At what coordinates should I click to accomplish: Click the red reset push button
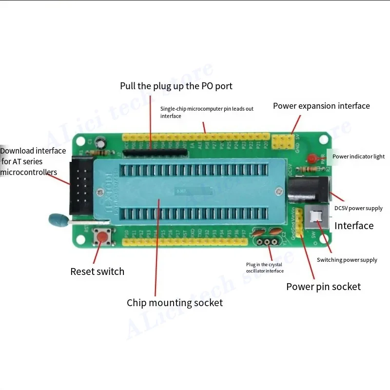102,237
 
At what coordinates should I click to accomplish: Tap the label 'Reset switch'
97,272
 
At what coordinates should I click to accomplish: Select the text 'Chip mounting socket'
175,303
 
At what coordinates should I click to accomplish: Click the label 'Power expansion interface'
321,106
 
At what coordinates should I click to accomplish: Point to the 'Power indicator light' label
358,156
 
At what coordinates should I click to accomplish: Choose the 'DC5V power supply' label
358,208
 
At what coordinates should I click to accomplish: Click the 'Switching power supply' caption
347,260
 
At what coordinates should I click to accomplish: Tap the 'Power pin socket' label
323,287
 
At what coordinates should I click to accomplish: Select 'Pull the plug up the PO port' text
176,86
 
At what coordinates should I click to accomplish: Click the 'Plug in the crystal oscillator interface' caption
265,268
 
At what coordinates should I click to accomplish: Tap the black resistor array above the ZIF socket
155,153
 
